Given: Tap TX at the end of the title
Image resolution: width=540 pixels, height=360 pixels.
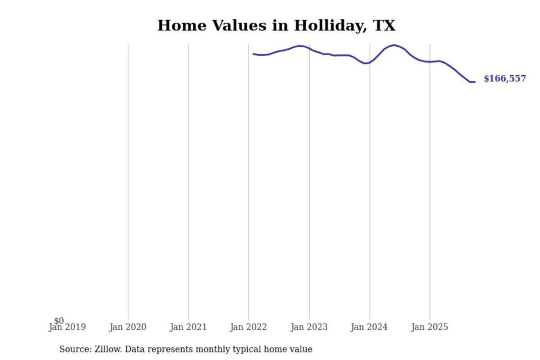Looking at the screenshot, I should (384, 25).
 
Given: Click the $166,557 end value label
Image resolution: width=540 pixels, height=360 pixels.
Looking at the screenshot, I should (505, 78).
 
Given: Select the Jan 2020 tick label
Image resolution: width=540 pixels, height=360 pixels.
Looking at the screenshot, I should (128, 327).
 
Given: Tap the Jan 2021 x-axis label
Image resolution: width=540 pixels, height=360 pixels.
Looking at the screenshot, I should (188, 327).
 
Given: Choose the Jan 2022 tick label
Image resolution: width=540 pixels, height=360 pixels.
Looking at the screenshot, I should (248, 327).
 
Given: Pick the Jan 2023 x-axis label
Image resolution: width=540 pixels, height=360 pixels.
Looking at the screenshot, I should (309, 327).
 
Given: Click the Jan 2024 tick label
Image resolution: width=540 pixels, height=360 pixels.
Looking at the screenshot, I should (369, 327).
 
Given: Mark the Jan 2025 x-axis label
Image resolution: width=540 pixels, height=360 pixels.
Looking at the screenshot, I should (430, 327).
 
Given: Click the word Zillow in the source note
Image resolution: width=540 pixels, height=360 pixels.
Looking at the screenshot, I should (108, 349).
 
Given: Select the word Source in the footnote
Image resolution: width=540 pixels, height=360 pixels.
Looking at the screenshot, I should (74, 349).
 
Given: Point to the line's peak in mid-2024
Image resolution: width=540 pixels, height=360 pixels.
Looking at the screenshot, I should (394, 45).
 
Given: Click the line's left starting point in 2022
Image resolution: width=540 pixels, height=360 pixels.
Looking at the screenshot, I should (253, 54).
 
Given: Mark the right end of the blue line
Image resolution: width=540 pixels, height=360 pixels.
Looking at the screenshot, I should (475, 82).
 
